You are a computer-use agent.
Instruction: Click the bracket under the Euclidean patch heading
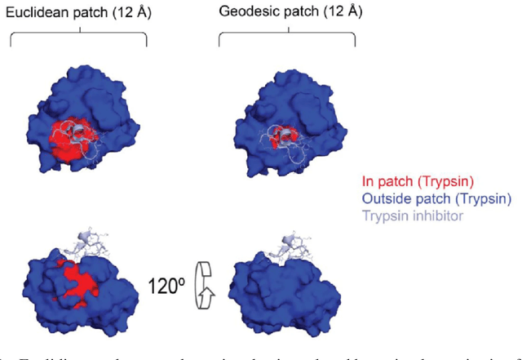tap(77, 36)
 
